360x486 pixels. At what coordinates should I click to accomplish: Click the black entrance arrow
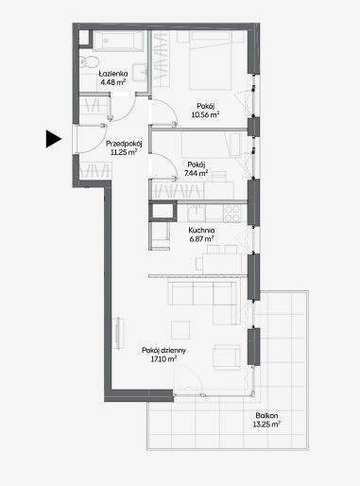tap(53, 139)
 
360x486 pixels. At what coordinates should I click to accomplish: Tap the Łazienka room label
tap(113, 74)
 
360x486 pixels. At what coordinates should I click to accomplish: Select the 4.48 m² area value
tap(113, 82)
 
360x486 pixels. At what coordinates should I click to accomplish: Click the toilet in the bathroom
tap(88, 61)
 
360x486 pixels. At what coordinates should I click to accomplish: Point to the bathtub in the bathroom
tap(118, 41)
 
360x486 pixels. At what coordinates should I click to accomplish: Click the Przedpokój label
tap(124, 144)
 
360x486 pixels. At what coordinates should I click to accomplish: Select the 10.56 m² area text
tap(205, 114)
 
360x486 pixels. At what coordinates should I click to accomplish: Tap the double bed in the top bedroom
tap(211, 61)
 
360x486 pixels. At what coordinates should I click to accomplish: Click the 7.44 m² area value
tap(196, 173)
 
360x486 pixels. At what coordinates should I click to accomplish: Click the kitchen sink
tap(196, 213)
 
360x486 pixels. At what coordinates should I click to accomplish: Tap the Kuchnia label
tap(201, 231)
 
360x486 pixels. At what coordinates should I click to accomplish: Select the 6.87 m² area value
tap(201, 239)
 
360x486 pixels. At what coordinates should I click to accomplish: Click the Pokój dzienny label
tap(163, 350)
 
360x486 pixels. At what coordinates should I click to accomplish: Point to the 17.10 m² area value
tap(163, 359)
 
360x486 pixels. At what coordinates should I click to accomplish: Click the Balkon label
tap(266, 415)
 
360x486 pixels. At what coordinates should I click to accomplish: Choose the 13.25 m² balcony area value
tap(266, 425)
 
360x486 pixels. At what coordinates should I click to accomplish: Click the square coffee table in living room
tap(180, 330)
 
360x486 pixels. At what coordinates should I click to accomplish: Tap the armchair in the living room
tap(227, 356)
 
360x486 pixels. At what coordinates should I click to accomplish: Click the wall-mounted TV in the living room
tap(118, 333)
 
